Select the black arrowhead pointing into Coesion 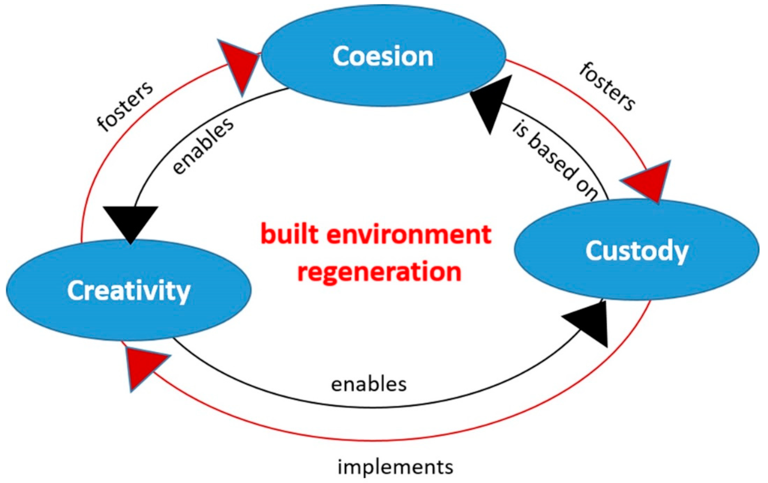pos(493,100)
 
